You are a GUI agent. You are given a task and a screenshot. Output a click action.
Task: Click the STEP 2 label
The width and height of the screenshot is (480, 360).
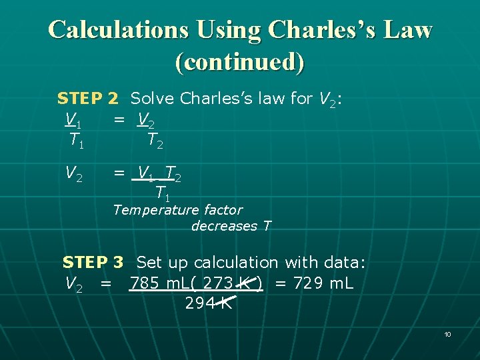click(87, 99)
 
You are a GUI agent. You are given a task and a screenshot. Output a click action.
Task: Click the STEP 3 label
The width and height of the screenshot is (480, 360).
click(93, 263)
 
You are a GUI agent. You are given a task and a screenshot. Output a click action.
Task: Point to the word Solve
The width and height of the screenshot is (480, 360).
click(153, 99)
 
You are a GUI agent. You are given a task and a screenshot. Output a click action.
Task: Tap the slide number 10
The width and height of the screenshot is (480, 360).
click(447, 333)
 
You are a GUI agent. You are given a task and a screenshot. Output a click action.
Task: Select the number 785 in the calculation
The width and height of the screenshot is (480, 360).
click(144, 283)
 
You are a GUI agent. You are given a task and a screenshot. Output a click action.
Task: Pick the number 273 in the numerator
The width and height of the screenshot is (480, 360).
click(217, 283)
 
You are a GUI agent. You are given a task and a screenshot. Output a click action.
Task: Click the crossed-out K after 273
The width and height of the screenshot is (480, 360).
click(245, 283)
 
